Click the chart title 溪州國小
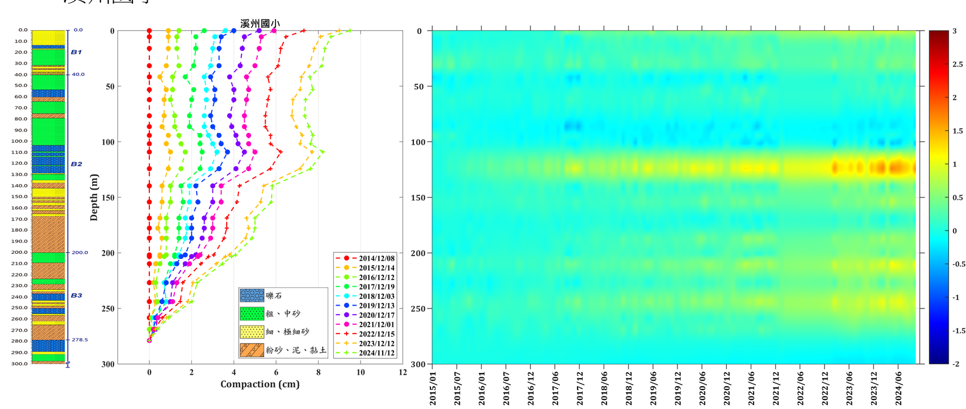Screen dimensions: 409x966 (x=260, y=23)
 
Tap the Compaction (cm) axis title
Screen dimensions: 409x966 (x=260, y=384)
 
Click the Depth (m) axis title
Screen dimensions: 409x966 (x=94, y=197)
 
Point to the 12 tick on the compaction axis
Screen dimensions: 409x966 (x=403, y=373)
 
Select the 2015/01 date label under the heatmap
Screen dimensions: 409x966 (x=433, y=389)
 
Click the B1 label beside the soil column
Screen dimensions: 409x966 (x=76, y=52)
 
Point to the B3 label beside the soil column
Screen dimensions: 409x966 (x=76, y=295)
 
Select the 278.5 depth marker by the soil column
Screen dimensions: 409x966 (x=80, y=340)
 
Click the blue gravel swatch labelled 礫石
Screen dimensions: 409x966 (x=252, y=295)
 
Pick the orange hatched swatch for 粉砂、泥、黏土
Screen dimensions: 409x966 (x=252, y=350)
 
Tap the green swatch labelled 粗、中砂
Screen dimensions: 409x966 (x=252, y=314)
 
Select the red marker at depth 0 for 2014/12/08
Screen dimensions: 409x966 (x=149, y=31)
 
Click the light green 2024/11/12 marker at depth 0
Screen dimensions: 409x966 (x=349, y=31)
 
